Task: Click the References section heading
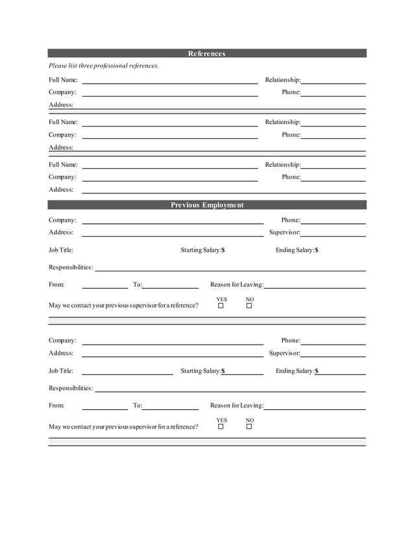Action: tap(206, 53)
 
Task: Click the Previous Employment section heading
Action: tap(206, 205)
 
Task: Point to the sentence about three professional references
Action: tap(104, 66)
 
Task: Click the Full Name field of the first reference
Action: tap(169, 80)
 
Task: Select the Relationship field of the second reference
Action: tap(333, 122)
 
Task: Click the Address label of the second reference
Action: tap(61, 147)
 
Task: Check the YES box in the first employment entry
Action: tap(221, 306)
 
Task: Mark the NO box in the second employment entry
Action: tap(249, 426)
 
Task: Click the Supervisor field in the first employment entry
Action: tap(333, 232)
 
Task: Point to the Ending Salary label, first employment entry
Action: tap(297, 250)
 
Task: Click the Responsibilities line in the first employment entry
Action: tap(230, 267)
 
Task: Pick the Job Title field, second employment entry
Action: tap(127, 371)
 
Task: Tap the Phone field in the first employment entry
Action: tap(333, 220)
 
